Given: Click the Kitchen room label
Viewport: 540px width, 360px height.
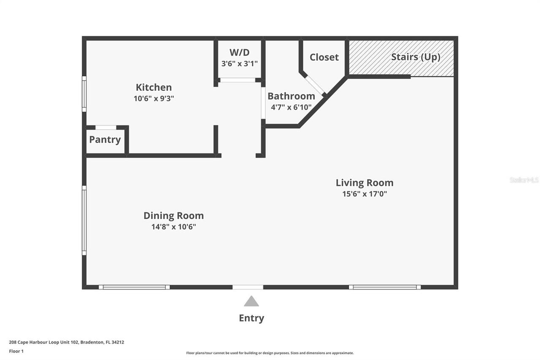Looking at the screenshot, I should pyautogui.click(x=154, y=87).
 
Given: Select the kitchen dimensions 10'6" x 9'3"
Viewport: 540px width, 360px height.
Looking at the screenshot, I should pyautogui.click(x=154, y=98).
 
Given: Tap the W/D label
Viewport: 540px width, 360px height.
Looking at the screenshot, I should pyautogui.click(x=239, y=52).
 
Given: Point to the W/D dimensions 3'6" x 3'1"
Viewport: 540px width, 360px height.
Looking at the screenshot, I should pyautogui.click(x=239, y=63).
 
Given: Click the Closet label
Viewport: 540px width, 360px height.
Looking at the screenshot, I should pyautogui.click(x=324, y=57).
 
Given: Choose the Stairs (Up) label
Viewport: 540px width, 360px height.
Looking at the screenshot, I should pyautogui.click(x=416, y=57).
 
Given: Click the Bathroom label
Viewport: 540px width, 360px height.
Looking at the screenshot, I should pyautogui.click(x=291, y=96).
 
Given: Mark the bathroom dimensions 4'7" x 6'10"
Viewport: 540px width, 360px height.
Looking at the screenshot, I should pyautogui.click(x=291, y=107).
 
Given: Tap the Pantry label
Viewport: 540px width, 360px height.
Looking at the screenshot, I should pyautogui.click(x=105, y=139).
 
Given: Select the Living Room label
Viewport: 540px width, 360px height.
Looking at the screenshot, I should pyautogui.click(x=364, y=183).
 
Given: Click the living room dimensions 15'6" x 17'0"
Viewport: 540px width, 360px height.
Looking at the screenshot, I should pyautogui.click(x=364, y=194).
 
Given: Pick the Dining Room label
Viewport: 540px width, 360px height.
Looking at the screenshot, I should pyautogui.click(x=173, y=216).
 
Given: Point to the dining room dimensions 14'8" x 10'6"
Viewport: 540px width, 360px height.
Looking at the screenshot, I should pyautogui.click(x=173, y=227).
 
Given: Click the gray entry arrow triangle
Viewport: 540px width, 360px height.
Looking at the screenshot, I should pyautogui.click(x=251, y=301).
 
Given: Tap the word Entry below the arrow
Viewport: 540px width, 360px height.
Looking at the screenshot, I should pyautogui.click(x=251, y=318).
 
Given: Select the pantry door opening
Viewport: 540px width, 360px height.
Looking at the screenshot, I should pyautogui.click(x=106, y=127).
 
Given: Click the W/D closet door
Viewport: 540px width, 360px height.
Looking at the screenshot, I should pyautogui.click(x=238, y=80).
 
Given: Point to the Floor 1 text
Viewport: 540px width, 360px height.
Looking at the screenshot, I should pyautogui.click(x=16, y=351).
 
